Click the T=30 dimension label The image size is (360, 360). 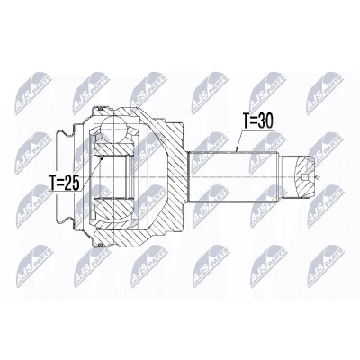pyautogui.click(x=258, y=121)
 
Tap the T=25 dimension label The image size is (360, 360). pyautogui.click(x=65, y=183)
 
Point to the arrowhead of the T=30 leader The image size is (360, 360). pyautogui.click(x=237, y=149)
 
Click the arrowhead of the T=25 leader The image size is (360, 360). pyautogui.click(x=103, y=157)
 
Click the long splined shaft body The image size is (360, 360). pyautogui.click(x=234, y=177)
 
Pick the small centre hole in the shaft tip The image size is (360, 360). pyautogui.click(x=306, y=177)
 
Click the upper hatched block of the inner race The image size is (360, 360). pyautogui.click(x=112, y=148)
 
